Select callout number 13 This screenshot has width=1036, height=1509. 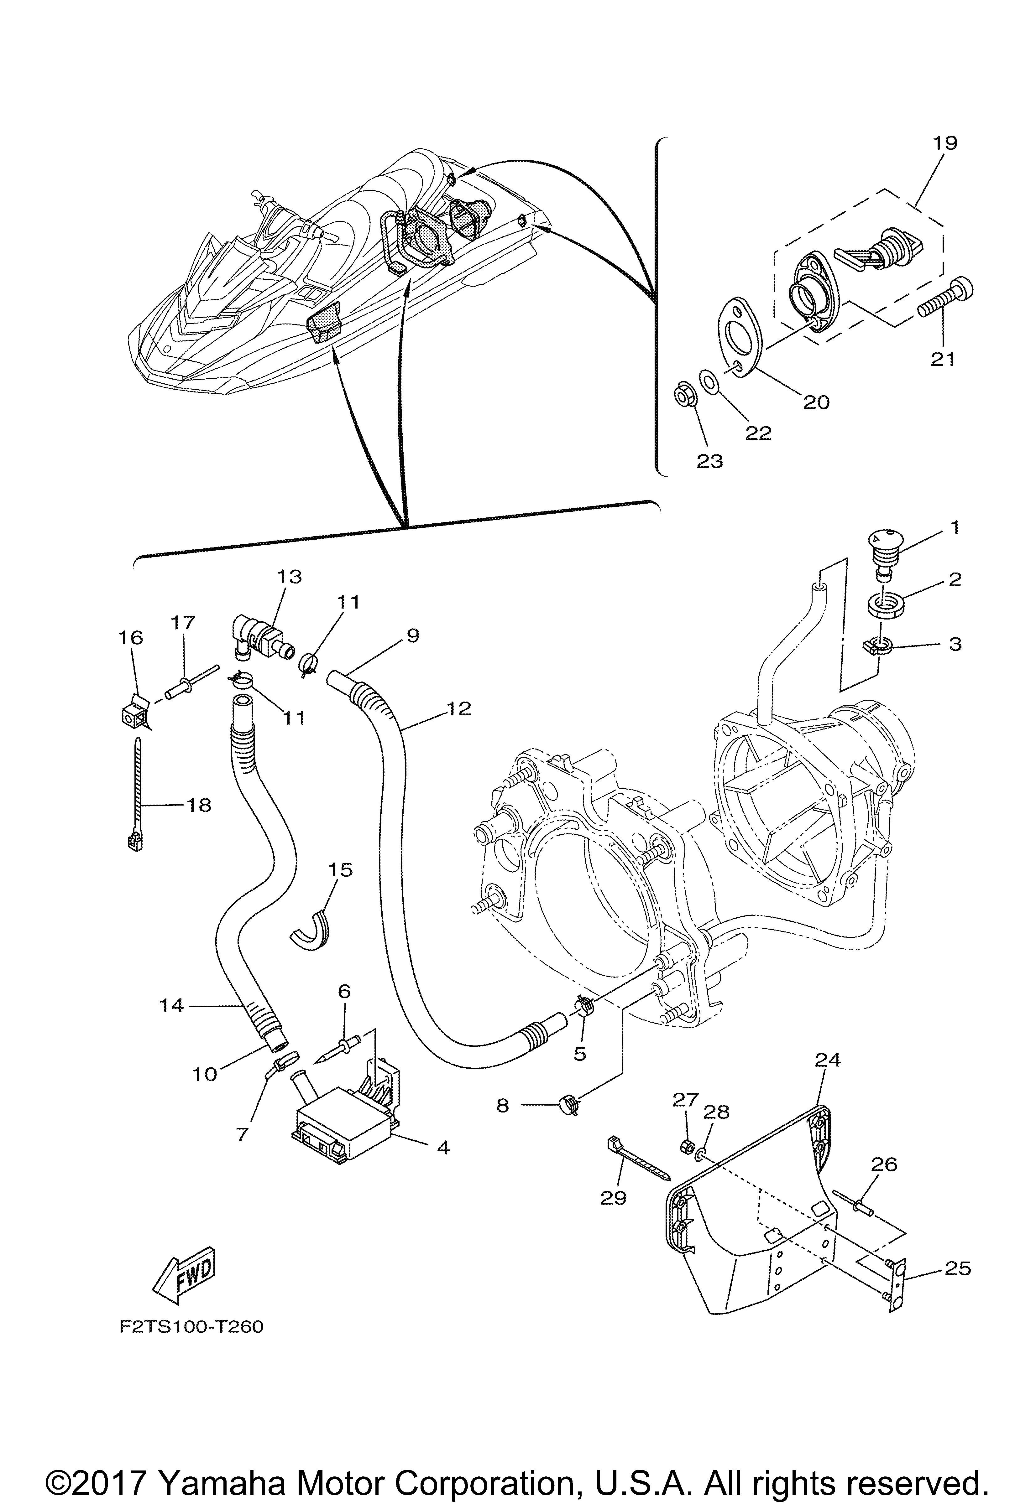tap(290, 577)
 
